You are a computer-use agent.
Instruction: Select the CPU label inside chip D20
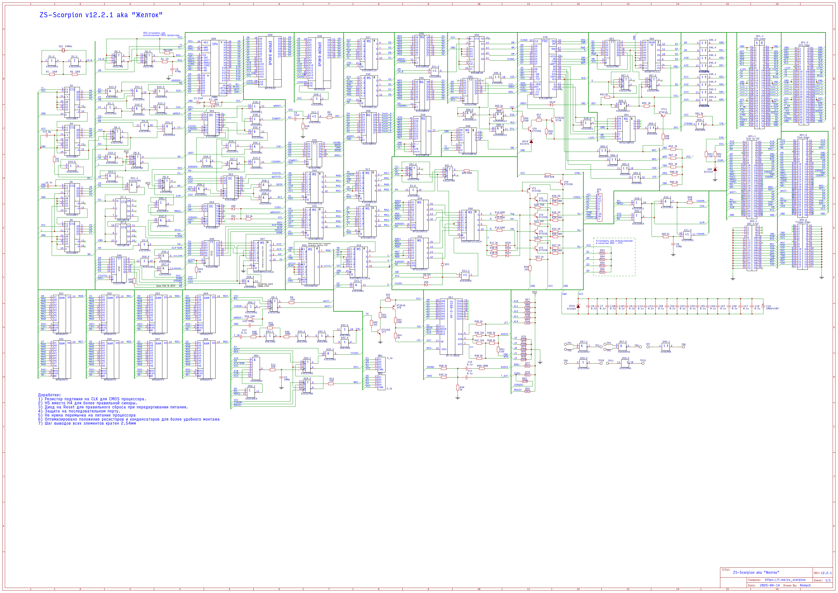(x=215, y=44)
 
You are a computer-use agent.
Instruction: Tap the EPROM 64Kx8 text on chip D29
(x=270, y=53)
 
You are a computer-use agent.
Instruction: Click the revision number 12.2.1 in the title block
(x=826, y=573)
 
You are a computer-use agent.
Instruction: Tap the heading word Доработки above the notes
(x=49, y=395)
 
